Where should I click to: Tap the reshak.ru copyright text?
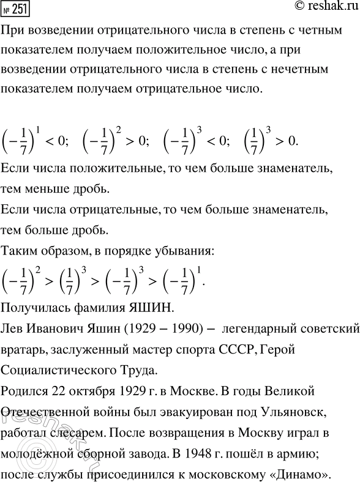(x=322, y=8)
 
